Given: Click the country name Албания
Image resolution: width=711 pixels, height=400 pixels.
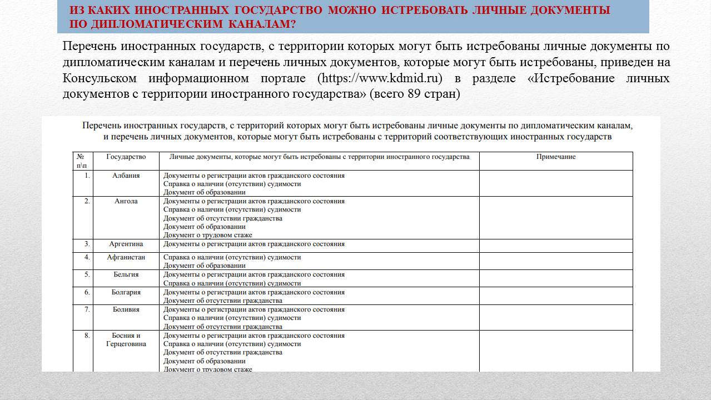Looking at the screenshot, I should coord(126,176).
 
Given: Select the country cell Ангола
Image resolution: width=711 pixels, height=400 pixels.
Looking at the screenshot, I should coord(126,201).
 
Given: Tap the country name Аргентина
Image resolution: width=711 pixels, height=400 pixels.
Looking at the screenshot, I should coord(126,244).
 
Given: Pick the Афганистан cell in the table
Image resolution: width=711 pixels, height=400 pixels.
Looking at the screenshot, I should coord(126,257).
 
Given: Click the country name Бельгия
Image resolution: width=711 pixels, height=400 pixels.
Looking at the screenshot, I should coord(126,274).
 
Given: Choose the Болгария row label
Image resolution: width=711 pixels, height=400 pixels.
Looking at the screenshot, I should coord(126,292).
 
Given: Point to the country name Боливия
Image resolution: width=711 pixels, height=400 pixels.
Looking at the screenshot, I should coord(126,309).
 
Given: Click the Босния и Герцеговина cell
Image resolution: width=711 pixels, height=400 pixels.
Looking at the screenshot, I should coord(126,339).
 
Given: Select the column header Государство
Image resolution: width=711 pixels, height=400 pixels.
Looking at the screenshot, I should coord(126,157).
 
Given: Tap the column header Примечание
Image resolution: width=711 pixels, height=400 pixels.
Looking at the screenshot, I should coord(556,157).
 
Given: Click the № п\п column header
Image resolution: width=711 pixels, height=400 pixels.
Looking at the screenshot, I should coord(82,161).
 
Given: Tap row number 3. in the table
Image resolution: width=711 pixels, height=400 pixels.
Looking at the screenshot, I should coord(87,244).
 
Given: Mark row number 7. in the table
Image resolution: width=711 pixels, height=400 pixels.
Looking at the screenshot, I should coord(87,309).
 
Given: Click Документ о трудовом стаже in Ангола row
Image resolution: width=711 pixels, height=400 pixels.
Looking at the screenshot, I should coord(207,235).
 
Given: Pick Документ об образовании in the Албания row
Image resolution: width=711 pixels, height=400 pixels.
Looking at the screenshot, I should coord(204,192).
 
